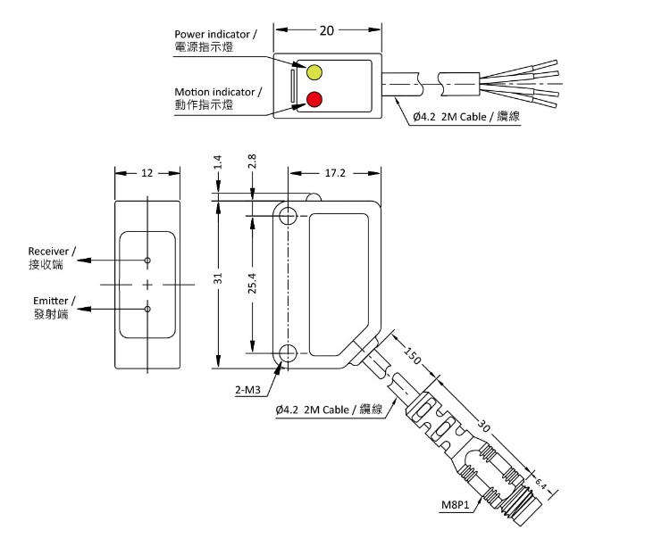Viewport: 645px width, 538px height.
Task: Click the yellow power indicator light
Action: click(x=314, y=71)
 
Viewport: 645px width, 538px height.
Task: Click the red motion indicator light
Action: click(x=314, y=98)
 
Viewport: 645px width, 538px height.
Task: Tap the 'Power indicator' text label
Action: click(x=215, y=35)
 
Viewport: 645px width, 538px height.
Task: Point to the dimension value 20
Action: click(x=326, y=30)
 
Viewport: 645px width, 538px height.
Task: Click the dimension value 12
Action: click(x=147, y=173)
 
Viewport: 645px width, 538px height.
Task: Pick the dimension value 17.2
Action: click(x=334, y=173)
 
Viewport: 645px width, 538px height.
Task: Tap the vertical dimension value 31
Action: click(x=217, y=279)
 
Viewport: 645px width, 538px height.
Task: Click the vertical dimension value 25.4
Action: click(x=253, y=284)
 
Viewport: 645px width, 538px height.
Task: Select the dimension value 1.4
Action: click(x=217, y=161)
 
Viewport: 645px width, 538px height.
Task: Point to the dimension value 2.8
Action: click(x=253, y=161)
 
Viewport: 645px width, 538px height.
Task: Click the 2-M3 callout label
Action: click(x=248, y=390)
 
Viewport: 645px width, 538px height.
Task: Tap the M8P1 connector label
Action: click(x=457, y=505)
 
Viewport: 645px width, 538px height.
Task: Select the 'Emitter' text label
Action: click(x=54, y=301)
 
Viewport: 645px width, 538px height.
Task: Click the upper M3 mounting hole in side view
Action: click(x=287, y=217)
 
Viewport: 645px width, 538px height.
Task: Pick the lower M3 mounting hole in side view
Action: click(x=287, y=354)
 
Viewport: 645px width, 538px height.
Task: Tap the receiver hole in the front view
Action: click(x=147, y=260)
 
